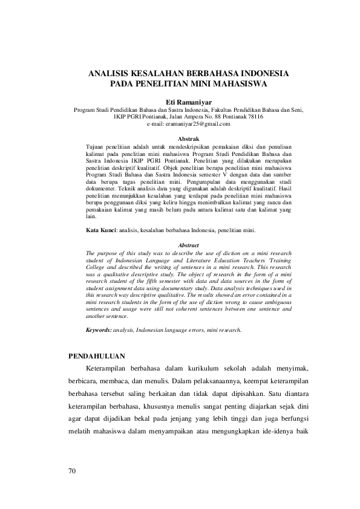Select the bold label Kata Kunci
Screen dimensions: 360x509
[100, 231]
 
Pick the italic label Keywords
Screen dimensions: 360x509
[99, 330]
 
